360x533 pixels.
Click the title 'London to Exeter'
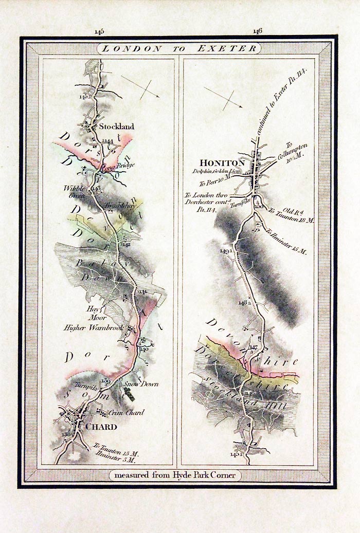179,49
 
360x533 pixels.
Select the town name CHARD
101,427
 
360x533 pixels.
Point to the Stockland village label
117,126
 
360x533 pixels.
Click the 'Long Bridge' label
118,166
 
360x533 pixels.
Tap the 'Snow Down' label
141,384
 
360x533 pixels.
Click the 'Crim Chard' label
128,412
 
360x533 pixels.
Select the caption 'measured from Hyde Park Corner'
179,475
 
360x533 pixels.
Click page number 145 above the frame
99,31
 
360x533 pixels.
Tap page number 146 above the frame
257,31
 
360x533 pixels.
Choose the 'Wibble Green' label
75,191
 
